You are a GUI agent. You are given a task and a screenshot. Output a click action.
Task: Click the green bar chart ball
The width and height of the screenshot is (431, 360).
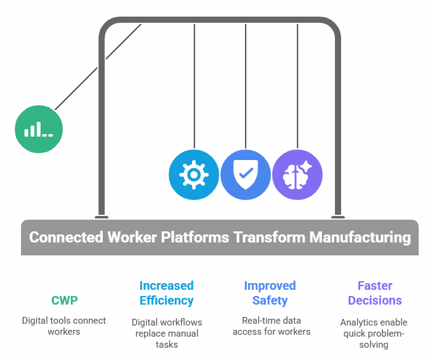click(x=39, y=129)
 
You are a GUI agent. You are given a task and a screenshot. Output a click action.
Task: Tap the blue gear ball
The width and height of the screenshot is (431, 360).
click(x=194, y=175)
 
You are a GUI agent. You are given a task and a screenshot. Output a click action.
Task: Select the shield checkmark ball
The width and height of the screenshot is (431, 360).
click(x=246, y=175)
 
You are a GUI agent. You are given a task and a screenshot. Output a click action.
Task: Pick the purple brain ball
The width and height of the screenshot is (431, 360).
click(x=297, y=175)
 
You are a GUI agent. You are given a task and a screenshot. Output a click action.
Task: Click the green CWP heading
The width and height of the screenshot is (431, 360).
click(x=64, y=300)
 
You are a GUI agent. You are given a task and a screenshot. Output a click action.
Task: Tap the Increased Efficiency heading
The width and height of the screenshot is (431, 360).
click(x=166, y=293)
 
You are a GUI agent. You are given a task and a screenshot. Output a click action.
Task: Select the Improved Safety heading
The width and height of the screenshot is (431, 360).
click(x=270, y=293)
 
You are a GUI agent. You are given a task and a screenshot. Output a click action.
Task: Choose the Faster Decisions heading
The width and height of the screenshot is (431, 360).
click(x=374, y=293)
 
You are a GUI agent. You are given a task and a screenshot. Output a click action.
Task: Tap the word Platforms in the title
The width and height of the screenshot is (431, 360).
click(x=195, y=237)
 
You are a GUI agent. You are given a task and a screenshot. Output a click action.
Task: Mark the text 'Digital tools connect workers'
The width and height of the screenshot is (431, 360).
click(x=64, y=326)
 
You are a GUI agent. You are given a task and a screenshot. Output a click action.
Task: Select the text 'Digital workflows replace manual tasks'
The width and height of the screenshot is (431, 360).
click(x=166, y=333)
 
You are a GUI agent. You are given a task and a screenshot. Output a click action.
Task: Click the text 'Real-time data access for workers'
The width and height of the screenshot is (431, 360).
click(x=270, y=326)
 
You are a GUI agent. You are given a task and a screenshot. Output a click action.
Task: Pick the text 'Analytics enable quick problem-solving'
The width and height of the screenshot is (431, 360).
click(x=374, y=333)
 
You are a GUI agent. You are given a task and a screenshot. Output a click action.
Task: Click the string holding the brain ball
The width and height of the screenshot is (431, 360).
click(x=297, y=86)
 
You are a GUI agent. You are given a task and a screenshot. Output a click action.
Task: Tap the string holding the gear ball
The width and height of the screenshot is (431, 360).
click(x=194, y=86)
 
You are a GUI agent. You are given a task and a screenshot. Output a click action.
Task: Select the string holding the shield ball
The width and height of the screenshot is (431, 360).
click(x=246, y=86)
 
